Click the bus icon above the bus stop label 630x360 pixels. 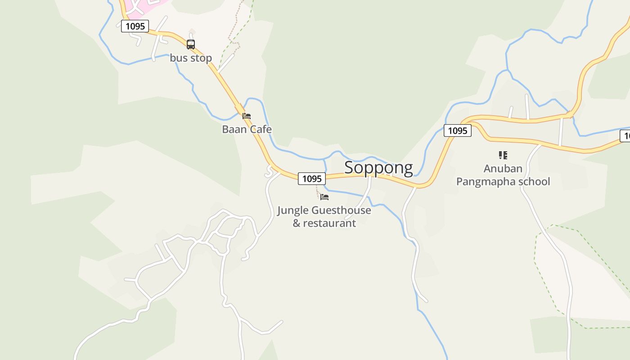click(191, 44)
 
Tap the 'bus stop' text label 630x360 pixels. click(191, 58)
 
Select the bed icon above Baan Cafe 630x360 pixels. click(247, 116)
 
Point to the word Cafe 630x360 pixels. click(261, 130)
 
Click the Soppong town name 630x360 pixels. click(378, 167)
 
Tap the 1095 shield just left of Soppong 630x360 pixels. click(311, 179)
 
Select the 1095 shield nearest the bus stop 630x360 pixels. click(135, 26)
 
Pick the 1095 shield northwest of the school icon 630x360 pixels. click(458, 130)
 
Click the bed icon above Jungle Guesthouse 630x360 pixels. click(324, 197)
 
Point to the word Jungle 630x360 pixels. click(293, 210)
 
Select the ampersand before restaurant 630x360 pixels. click(297, 223)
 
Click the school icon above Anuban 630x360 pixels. click(503, 155)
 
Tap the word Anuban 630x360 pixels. click(503, 169)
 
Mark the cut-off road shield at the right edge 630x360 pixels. click(625, 136)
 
